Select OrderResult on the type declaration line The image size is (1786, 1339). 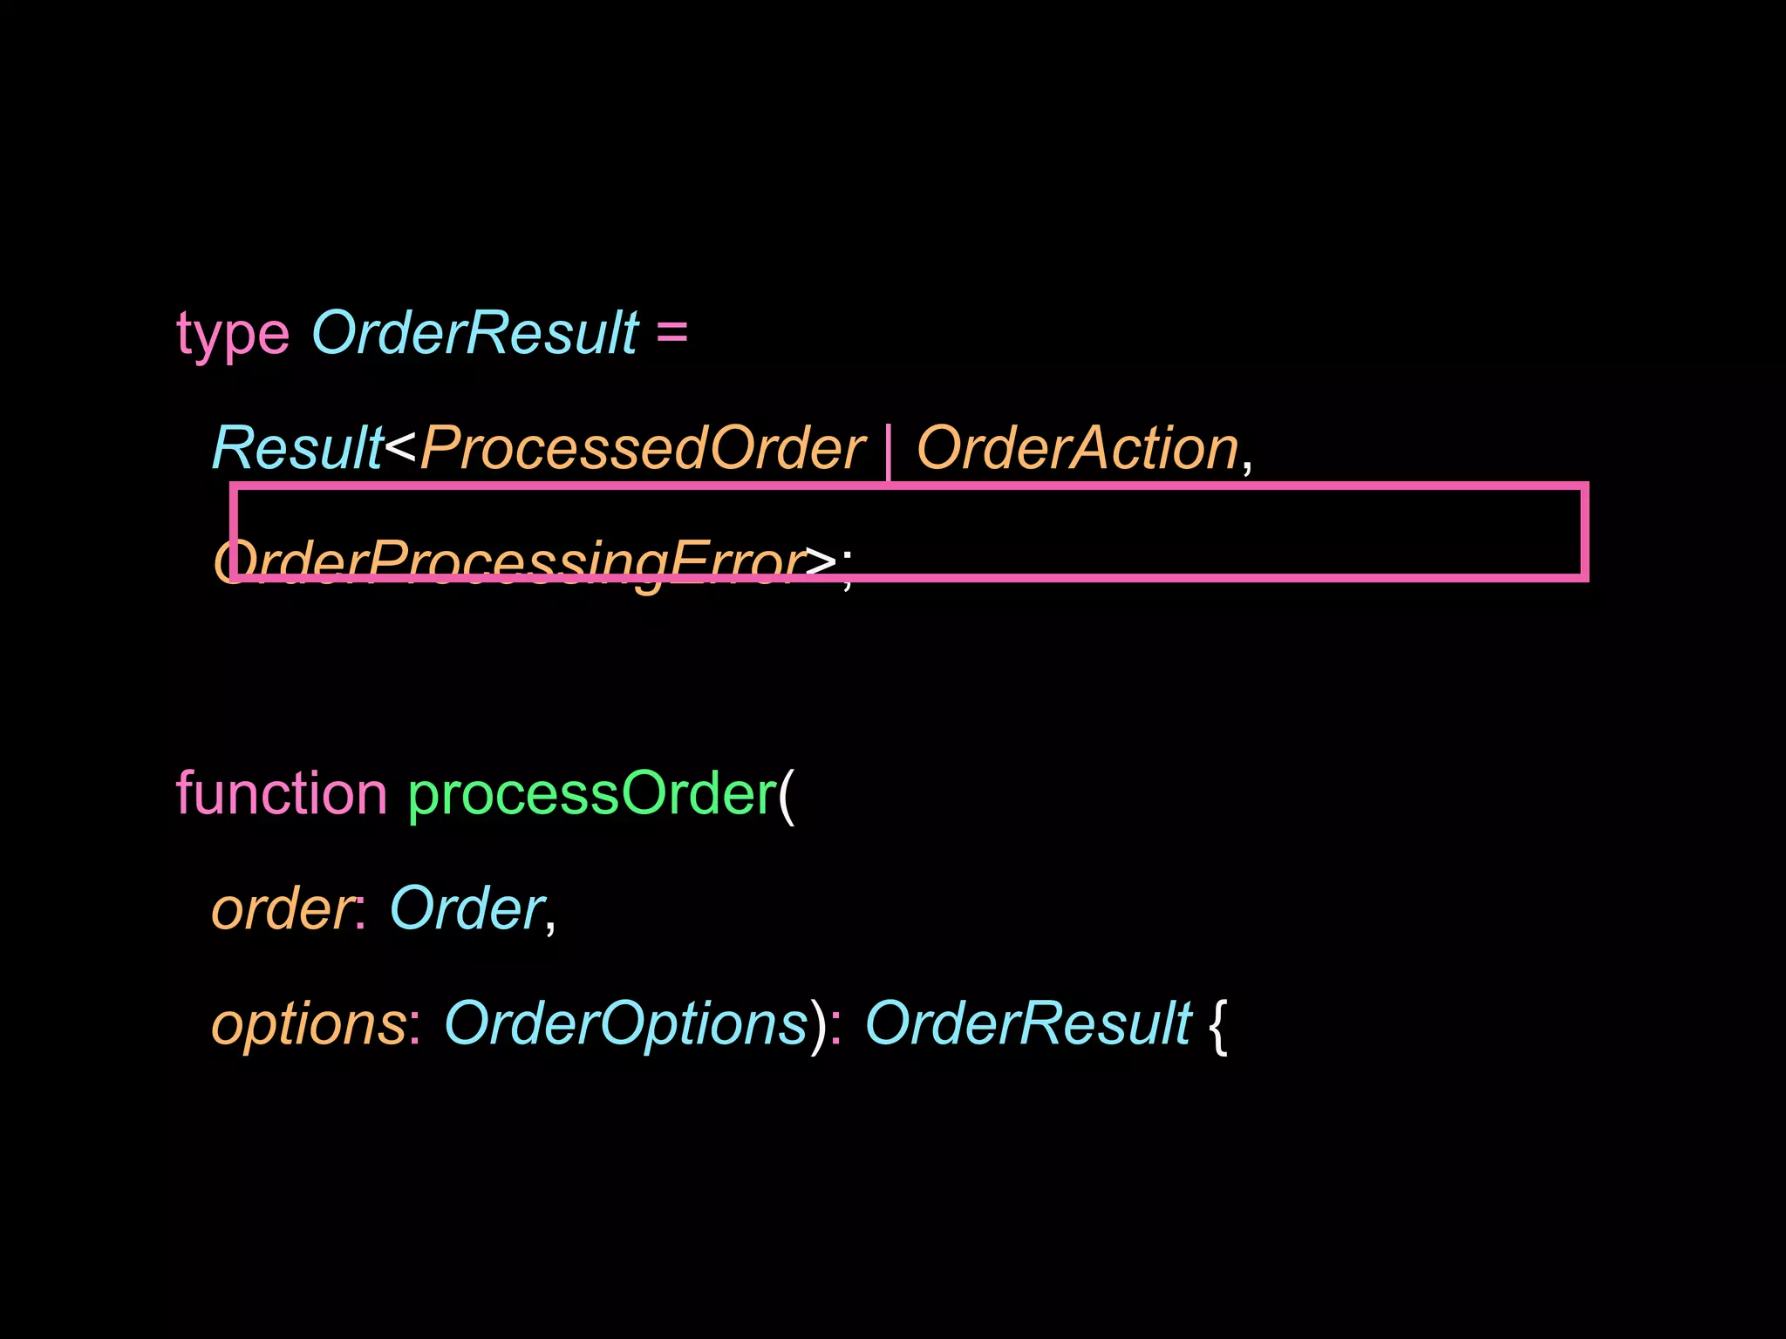click(x=475, y=333)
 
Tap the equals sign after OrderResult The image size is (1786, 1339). click(x=671, y=333)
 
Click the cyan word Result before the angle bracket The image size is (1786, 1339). click(x=297, y=449)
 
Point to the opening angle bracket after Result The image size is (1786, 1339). click(x=400, y=447)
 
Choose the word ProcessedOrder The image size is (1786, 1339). click(x=643, y=449)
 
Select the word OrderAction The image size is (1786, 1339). click(x=1078, y=449)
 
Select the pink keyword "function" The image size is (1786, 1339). click(x=282, y=794)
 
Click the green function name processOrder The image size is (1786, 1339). click(x=592, y=794)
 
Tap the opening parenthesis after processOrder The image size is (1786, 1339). click(x=787, y=794)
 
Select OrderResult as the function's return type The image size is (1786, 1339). click(x=1028, y=1023)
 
